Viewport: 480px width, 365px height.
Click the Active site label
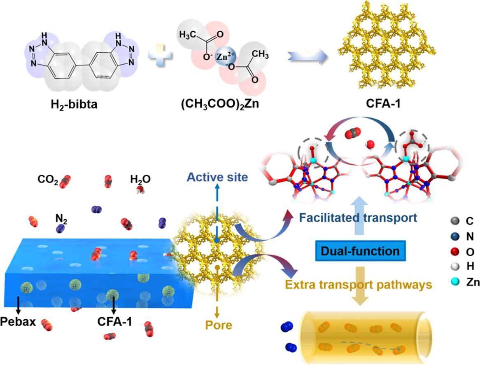pos(216,177)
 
